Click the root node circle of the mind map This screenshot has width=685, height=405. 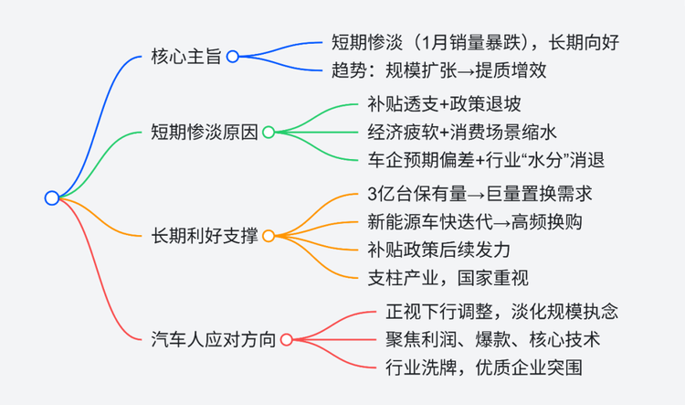tap(52, 198)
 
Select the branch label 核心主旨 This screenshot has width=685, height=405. tap(186, 57)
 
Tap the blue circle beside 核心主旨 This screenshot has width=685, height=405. tap(232, 57)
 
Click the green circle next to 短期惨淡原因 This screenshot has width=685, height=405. tap(269, 132)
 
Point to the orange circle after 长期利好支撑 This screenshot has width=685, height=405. tap(269, 236)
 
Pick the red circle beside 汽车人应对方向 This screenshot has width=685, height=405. tap(286, 340)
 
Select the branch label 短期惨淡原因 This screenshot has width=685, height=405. tap(205, 132)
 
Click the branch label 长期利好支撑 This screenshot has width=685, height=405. tap(205, 236)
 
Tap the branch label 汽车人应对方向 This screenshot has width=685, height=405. tap(214, 340)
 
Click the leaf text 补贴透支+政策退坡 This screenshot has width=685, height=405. tap(444, 104)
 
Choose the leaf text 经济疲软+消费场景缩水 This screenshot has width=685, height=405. tap(462, 132)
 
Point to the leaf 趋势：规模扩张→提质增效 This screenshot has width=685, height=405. tap(438, 70)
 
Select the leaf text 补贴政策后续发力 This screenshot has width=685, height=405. tap(439, 250)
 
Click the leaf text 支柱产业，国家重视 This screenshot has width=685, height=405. tap(448, 278)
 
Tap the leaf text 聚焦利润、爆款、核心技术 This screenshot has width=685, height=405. tap(493, 340)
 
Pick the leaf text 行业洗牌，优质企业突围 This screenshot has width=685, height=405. tap(484, 368)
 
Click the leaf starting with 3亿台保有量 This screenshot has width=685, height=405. tap(479, 194)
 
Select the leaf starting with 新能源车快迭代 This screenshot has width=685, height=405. tap(475, 222)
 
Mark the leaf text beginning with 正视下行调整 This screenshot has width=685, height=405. tap(502, 312)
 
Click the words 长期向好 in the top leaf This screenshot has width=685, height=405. tap(584, 42)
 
